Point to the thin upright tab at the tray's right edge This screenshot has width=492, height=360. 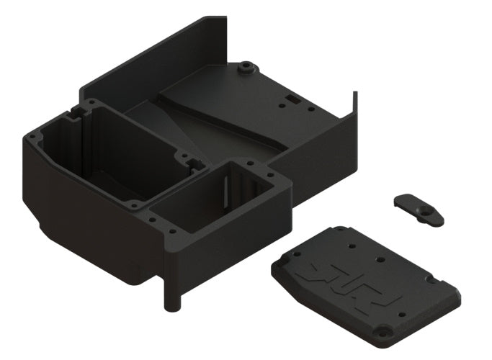point(354,101)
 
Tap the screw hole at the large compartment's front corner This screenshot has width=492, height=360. point(133,205)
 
